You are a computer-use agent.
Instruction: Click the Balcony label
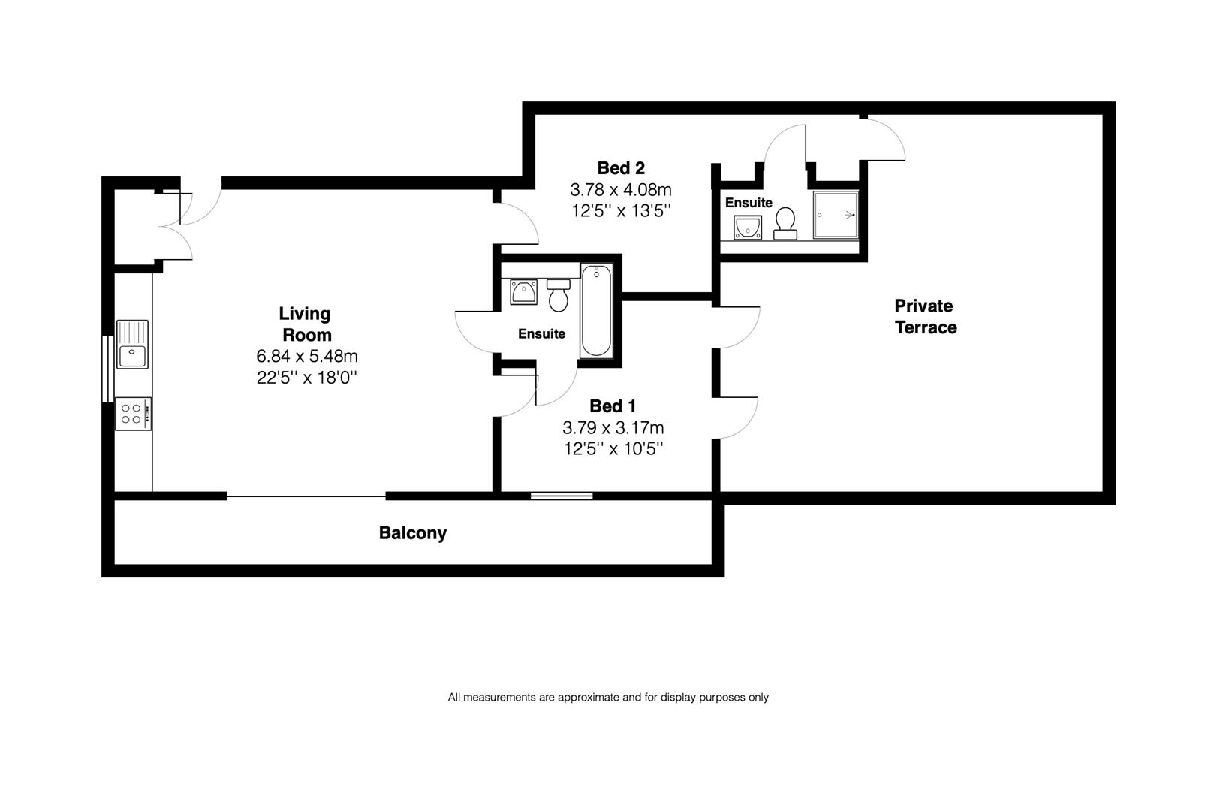412,533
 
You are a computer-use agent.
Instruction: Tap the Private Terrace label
925,317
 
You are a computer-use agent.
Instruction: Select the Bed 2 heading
621,168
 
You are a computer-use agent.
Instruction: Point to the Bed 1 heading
613,406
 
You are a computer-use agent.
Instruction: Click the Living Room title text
306,324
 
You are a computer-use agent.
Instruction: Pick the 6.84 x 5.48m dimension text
306,356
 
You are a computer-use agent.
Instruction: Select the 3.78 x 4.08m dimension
621,190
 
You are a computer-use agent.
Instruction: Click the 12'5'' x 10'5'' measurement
613,449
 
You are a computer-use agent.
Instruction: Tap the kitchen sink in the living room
132,345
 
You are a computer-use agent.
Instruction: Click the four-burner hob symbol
133,414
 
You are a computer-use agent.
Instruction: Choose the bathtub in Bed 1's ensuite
597,311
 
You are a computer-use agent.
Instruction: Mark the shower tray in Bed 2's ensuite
835,215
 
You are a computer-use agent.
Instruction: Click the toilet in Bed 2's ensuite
785,223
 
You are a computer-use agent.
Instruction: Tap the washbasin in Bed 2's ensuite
748,227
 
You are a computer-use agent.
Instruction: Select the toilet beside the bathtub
559,295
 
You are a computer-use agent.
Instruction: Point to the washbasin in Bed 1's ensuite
523,291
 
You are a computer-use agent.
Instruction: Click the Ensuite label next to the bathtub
541,334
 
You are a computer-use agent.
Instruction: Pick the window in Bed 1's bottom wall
562,495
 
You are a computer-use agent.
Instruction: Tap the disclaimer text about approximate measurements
608,697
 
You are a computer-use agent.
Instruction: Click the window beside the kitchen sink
107,369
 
